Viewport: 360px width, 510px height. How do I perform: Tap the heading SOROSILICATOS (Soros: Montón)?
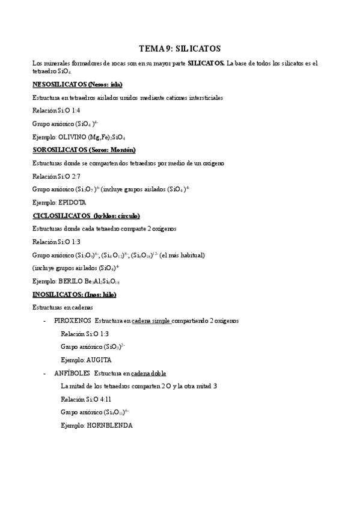(84, 150)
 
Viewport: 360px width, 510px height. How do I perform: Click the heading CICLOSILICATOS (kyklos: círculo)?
(85, 215)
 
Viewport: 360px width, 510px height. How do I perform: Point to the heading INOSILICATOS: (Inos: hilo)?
(74, 294)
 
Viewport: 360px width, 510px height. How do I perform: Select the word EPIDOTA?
(72, 203)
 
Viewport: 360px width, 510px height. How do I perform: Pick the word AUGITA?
(99, 360)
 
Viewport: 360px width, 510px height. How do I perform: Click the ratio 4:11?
(103, 399)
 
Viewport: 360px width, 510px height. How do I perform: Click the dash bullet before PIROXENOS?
(45, 321)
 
